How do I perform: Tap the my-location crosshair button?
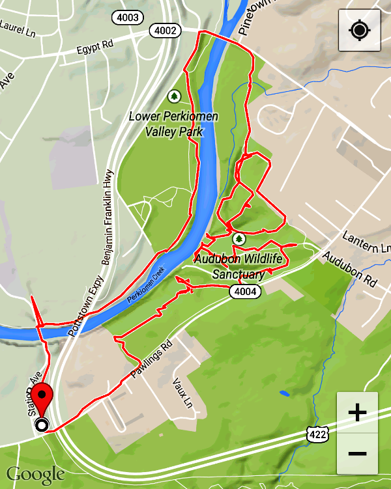click(x=359, y=31)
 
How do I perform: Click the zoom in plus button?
click(x=357, y=413)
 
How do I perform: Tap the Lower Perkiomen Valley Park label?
click(x=173, y=124)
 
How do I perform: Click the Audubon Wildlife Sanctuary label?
click(x=239, y=266)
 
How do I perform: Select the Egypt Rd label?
click(x=94, y=49)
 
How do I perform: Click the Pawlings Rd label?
click(x=150, y=360)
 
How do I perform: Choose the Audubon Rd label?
click(x=350, y=270)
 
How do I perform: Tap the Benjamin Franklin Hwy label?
click(x=108, y=217)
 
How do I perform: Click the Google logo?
click(x=35, y=474)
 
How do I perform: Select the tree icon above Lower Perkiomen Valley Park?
click(x=173, y=97)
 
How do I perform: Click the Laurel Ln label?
click(x=17, y=27)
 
